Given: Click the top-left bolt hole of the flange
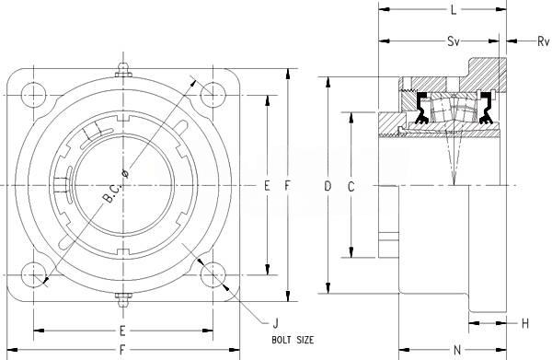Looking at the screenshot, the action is pos(33,95).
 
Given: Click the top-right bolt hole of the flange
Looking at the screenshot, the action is pos(213,95).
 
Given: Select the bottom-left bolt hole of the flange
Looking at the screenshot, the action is pos(33,274).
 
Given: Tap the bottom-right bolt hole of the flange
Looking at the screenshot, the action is pos(213,274).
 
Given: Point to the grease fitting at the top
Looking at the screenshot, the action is pos(123,70).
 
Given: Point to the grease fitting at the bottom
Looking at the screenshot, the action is pos(123,300).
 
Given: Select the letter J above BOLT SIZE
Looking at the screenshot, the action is pos(276,323).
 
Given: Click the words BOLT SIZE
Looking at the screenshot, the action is pos(293,340).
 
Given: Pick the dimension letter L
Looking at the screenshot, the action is pos(454,10).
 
